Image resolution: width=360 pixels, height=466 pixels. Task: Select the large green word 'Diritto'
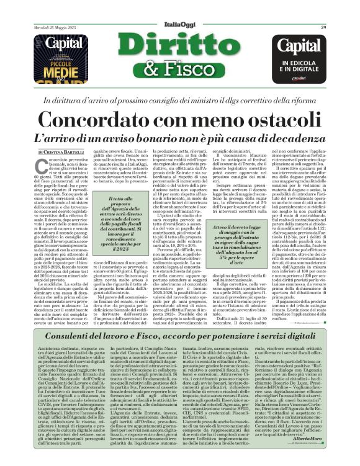pyautogui.click(x=179, y=48)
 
